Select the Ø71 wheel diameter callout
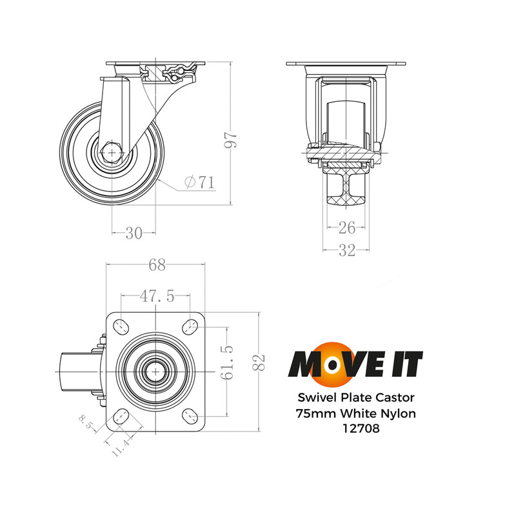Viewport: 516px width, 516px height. point(199,183)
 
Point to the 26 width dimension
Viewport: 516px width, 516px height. point(347,227)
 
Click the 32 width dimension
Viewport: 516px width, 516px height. point(347,251)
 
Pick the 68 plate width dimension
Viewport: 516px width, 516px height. point(157,265)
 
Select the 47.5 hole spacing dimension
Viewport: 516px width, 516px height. point(156,296)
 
